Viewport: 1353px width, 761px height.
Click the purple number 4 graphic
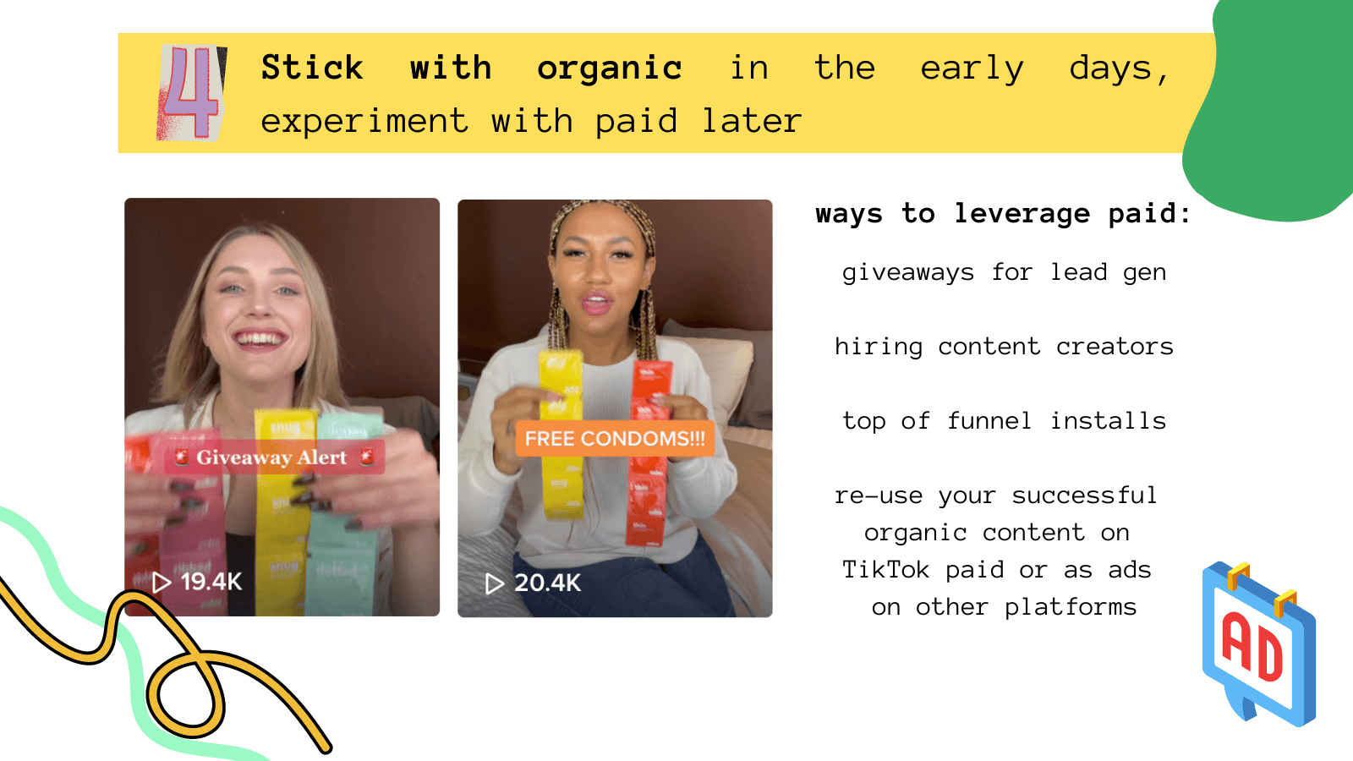click(x=191, y=92)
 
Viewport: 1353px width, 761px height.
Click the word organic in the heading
click(x=610, y=68)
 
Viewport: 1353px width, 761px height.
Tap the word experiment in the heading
click(x=364, y=122)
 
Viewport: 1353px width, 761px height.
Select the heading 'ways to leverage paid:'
click(x=1003, y=214)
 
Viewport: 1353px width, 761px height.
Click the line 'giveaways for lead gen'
click(x=1004, y=273)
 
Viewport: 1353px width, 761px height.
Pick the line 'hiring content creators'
click(x=1004, y=347)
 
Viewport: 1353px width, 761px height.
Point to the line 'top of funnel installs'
click(x=1004, y=421)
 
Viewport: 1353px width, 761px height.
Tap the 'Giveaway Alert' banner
click(x=274, y=457)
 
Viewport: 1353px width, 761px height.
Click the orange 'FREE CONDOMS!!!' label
click(x=615, y=439)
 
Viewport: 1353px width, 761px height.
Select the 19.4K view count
click(x=211, y=583)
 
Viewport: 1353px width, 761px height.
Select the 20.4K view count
click(x=547, y=583)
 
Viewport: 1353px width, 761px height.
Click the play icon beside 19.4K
click(x=162, y=583)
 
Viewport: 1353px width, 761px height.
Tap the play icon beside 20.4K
click(x=495, y=584)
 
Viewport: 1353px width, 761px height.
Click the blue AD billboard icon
click(x=1259, y=643)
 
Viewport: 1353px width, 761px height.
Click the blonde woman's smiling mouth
click(x=260, y=339)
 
